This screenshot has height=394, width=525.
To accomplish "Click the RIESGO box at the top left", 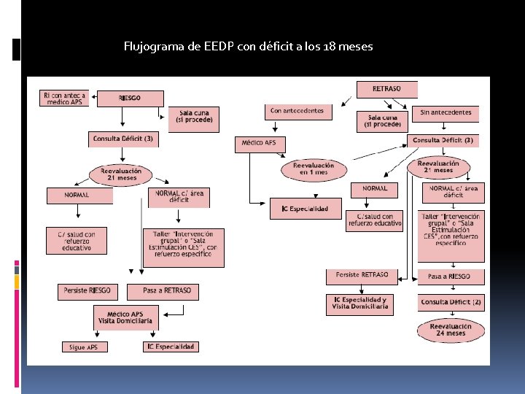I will pos(130,98).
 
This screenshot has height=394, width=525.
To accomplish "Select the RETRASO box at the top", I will pos(386,89).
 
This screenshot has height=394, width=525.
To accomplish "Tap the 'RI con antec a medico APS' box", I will pos(64,98).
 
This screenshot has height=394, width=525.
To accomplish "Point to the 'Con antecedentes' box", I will pos(297,112).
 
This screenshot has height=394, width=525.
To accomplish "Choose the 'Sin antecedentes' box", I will pos(446,112).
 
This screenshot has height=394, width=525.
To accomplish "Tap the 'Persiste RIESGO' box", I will pos(87,291).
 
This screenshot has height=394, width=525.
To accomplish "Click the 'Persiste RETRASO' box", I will pos(362,276).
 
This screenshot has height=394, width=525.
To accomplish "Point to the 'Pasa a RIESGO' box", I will pos(449,277).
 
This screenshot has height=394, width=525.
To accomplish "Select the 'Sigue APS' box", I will pos(84,347).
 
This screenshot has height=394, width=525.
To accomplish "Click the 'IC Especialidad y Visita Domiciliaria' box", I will pos(360,304).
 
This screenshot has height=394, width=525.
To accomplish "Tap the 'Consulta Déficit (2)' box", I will pos(451,301).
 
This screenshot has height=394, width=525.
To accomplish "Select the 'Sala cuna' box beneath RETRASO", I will pos(383,121).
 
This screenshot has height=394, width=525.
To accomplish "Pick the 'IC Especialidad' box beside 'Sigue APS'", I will pos(171,347).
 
